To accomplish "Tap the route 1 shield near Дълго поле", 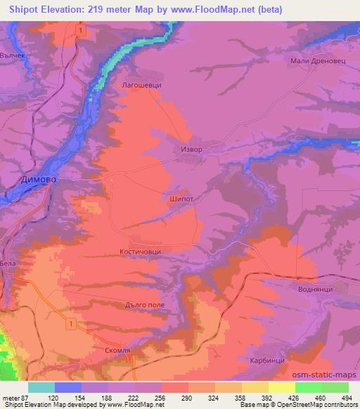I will coord(72,323).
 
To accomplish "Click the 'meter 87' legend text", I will coord(14,398).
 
